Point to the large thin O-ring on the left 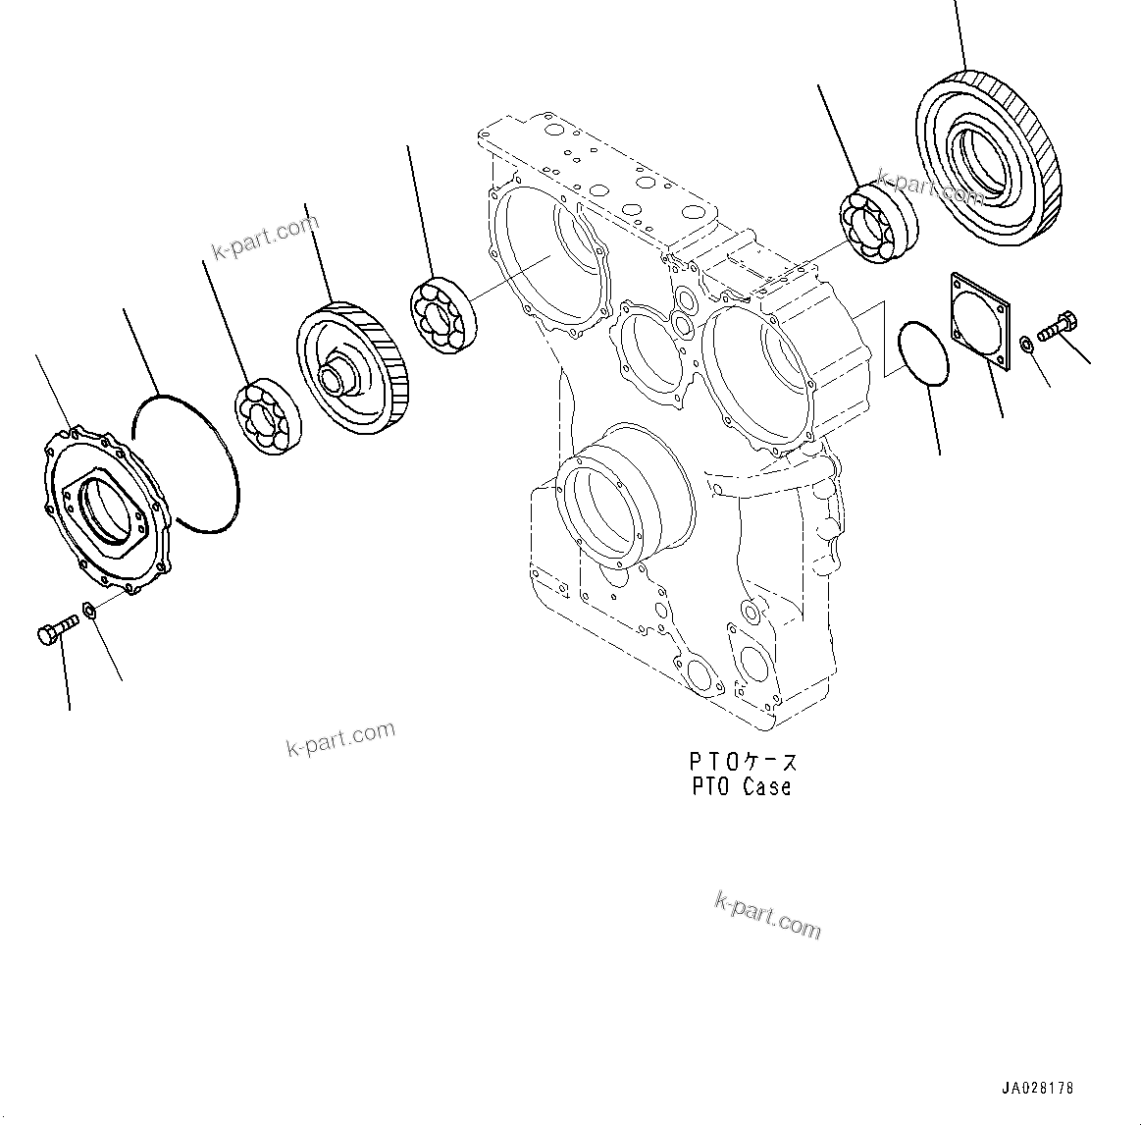186,462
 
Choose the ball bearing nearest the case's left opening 441,313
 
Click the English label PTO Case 741,786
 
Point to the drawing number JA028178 1038,1088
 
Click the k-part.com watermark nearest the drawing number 767,915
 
